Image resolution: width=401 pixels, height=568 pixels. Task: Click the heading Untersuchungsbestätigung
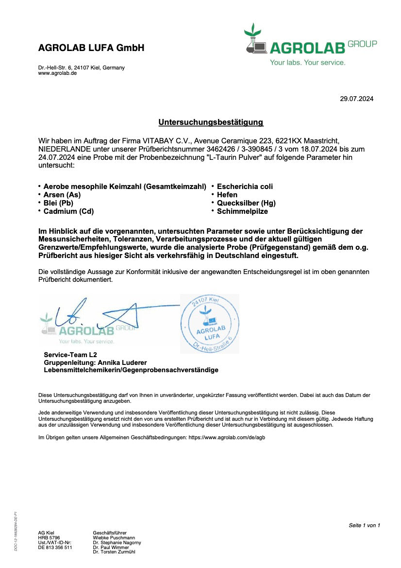point(211,122)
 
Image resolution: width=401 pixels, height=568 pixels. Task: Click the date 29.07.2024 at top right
point(356,99)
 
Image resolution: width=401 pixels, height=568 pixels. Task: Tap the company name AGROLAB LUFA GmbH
point(91,48)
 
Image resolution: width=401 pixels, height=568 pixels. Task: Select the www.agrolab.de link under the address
point(57,73)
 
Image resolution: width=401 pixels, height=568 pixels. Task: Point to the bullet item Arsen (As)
point(62,195)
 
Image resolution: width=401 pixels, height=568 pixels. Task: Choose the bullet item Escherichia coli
point(245,187)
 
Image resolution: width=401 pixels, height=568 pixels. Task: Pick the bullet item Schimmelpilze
point(242,211)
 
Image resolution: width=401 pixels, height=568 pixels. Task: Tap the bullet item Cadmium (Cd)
point(68,211)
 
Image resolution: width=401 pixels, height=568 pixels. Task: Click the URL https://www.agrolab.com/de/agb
point(227,437)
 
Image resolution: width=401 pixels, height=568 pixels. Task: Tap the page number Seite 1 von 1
point(364,525)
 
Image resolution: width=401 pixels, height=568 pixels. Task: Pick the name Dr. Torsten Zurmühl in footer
point(114,552)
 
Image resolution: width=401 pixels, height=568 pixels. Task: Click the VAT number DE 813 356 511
point(55,547)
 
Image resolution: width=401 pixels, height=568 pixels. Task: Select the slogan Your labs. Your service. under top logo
point(308,63)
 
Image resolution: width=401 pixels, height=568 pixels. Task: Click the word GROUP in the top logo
point(362,44)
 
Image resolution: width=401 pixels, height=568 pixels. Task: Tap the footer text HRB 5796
point(49,538)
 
